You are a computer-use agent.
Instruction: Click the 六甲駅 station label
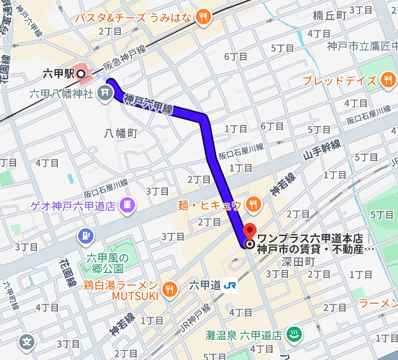click(58, 73)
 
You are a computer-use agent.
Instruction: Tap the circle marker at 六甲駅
click(80, 73)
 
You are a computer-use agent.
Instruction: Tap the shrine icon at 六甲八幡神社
click(105, 91)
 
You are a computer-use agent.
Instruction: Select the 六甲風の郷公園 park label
click(105, 264)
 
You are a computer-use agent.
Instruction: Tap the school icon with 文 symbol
click(27, 342)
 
